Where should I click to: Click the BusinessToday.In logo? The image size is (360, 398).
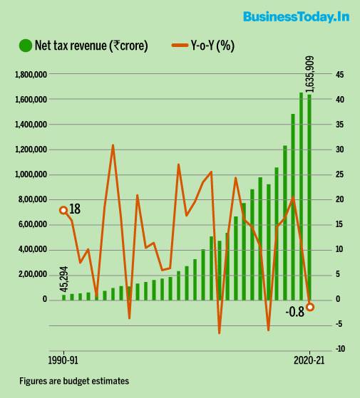click(x=297, y=17)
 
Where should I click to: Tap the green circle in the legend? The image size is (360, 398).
click(x=26, y=46)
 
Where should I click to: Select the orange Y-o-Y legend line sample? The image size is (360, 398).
click(x=180, y=46)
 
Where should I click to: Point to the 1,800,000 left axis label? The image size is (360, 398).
click(x=31, y=75)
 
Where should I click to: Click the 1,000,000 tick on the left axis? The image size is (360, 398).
click(x=31, y=174)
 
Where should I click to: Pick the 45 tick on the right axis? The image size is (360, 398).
click(x=339, y=75)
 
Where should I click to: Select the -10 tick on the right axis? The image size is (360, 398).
click(x=340, y=349)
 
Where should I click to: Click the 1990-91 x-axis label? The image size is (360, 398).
click(x=63, y=360)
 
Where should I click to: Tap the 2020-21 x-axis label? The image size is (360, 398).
click(x=309, y=360)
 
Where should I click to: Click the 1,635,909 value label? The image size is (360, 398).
click(x=309, y=74)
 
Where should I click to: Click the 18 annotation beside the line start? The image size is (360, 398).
click(x=75, y=209)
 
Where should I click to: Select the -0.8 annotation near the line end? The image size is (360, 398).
click(x=294, y=312)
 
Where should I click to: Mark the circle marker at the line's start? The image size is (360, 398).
click(x=63, y=210)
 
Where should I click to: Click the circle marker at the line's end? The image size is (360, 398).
click(x=310, y=307)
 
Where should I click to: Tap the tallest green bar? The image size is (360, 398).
click(x=301, y=197)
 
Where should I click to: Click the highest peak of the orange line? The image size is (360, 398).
click(x=113, y=145)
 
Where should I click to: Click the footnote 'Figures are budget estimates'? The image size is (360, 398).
click(x=74, y=381)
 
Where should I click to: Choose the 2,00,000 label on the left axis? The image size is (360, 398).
click(x=33, y=274)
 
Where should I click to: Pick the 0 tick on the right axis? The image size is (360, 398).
click(x=337, y=299)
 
